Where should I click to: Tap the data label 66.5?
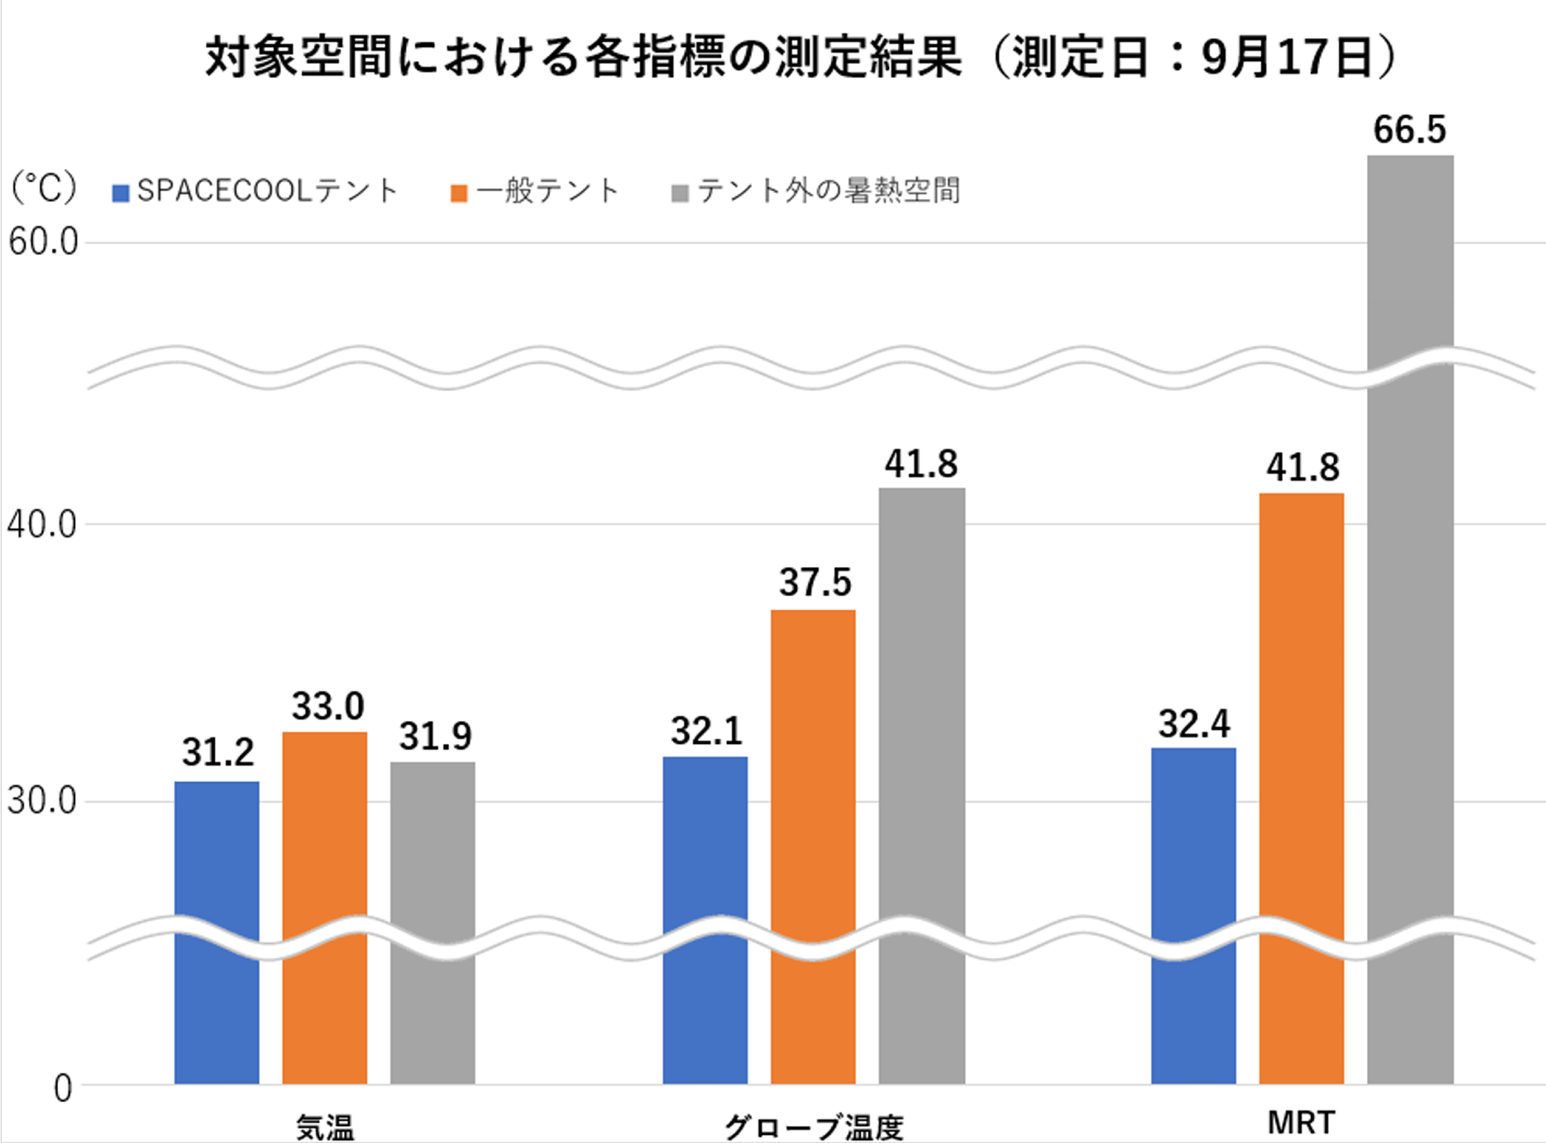coord(1409,130)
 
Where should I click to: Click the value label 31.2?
coord(218,752)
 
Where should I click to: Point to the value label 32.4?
coord(1194,724)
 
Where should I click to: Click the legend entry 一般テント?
coord(535,191)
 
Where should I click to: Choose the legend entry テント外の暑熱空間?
coord(816,191)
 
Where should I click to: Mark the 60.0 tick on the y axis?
coord(43,242)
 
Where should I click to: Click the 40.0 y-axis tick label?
coord(43,525)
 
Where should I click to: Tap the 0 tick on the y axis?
coord(63,1089)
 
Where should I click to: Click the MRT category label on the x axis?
coord(1301,1122)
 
